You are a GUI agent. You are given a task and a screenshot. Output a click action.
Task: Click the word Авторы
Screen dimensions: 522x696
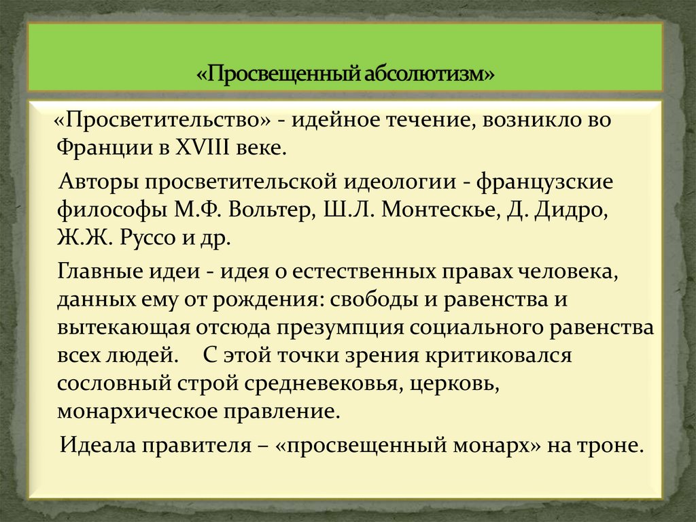pyautogui.click(x=97, y=182)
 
